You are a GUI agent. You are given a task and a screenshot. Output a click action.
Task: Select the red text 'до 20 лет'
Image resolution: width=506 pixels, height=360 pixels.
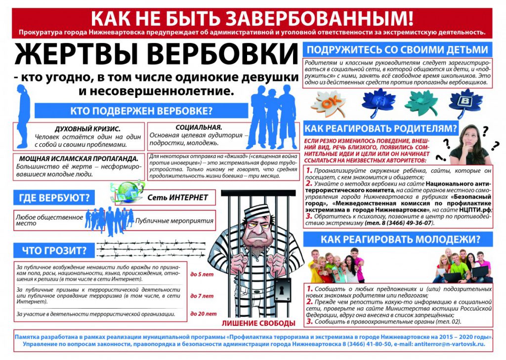point(203,313)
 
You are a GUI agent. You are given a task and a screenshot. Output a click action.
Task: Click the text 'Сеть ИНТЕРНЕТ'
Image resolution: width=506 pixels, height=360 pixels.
point(177,198)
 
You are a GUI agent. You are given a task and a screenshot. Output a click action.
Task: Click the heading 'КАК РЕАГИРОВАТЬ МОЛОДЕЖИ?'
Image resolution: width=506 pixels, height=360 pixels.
point(400,240)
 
